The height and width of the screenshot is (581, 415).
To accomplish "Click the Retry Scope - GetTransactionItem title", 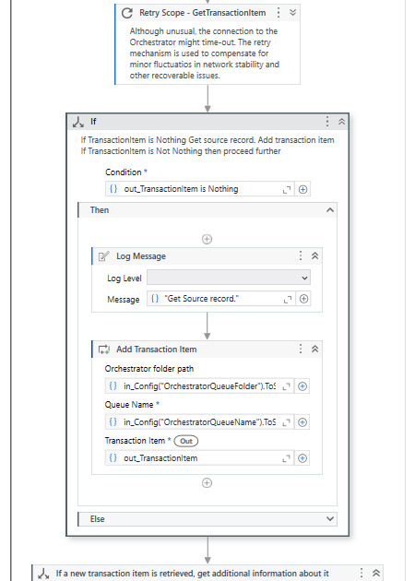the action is [202, 13].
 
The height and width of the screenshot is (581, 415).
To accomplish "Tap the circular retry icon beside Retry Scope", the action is [127, 13].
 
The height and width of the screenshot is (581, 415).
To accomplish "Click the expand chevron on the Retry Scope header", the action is [292, 13].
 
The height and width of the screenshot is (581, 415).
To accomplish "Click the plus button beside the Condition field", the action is [302, 189].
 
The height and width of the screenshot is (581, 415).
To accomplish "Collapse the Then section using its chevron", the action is [330, 210].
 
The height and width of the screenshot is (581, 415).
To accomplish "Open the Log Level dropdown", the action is [229, 278].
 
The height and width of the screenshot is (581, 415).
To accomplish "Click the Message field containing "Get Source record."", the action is [221, 299].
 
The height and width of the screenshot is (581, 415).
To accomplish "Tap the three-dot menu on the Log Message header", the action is [301, 255].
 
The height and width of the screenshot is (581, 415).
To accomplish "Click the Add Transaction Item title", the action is [157, 349].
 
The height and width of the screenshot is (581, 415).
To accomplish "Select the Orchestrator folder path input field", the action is [199, 386].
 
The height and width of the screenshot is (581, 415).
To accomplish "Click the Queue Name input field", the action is [199, 422].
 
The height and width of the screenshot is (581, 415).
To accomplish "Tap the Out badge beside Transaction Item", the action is [186, 441].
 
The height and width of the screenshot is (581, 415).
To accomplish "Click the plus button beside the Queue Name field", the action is [302, 422].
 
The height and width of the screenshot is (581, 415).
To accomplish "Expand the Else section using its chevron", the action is [330, 518].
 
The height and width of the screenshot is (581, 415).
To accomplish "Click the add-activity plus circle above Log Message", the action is [207, 239].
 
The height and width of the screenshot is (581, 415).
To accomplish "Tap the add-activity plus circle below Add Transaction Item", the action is [207, 483].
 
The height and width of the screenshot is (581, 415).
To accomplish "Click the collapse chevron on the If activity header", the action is [341, 122].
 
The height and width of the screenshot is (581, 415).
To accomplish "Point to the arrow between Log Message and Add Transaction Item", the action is [207, 326].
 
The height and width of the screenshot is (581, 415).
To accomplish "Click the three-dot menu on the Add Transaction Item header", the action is [301, 349].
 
